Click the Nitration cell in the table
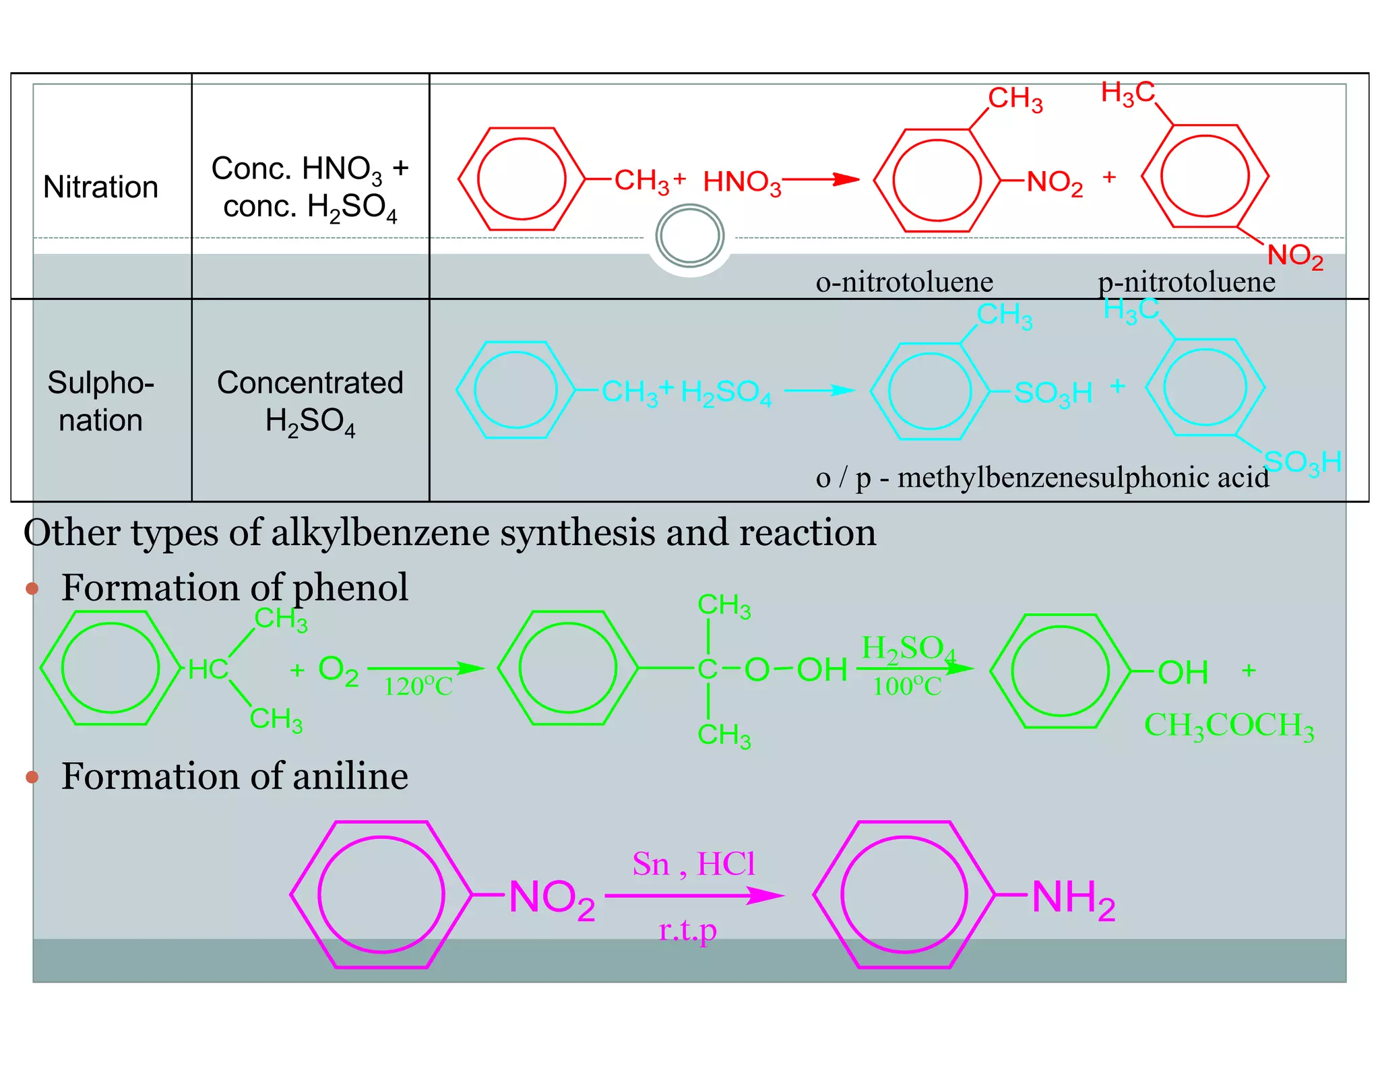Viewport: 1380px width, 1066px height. point(101,187)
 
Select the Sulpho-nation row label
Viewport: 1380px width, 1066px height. point(101,401)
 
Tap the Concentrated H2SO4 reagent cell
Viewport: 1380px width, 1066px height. point(310,401)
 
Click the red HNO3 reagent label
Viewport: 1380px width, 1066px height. point(741,182)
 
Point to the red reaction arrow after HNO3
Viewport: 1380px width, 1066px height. point(821,179)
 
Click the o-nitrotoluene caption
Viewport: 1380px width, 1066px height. point(904,282)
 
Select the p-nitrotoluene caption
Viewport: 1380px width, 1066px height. point(1186,282)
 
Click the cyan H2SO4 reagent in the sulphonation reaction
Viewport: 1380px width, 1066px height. point(725,392)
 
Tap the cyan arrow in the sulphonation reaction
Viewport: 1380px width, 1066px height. point(819,390)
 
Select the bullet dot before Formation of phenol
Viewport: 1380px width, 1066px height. point(32,588)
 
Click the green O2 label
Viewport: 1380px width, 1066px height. point(338,671)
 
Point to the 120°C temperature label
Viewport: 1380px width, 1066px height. point(418,687)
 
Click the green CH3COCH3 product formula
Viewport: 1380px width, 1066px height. point(1228,726)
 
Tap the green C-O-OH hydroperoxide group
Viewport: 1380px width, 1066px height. point(772,670)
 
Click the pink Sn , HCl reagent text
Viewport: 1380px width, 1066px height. point(693,864)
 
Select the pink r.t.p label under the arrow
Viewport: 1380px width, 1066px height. point(687,931)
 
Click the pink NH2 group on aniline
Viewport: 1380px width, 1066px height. point(1073,898)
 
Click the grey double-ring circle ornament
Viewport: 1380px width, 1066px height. point(689,236)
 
